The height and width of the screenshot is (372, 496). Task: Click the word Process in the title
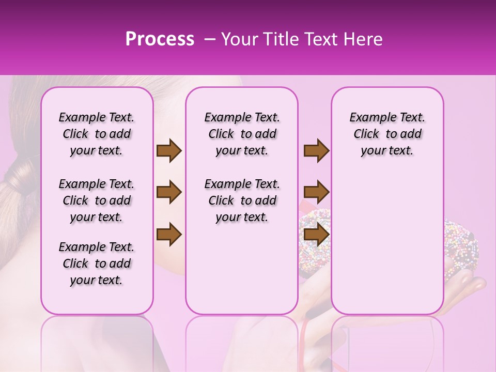(160, 39)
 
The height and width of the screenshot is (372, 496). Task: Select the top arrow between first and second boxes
(169, 151)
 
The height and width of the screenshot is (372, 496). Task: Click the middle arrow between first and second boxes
(169, 193)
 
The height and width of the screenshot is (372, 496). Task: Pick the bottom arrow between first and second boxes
(169, 235)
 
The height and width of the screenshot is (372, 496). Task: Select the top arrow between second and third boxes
(316, 151)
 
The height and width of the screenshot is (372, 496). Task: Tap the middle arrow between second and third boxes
(316, 193)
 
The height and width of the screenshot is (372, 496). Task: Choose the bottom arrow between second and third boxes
(316, 235)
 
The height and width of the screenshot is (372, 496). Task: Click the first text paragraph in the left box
(97, 134)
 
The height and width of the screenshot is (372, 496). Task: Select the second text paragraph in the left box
(97, 200)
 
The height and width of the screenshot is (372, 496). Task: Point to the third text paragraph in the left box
(97, 263)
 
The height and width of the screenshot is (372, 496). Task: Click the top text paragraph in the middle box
(242, 134)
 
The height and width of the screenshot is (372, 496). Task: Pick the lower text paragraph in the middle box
(242, 200)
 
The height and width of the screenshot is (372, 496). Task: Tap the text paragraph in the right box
(387, 134)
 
